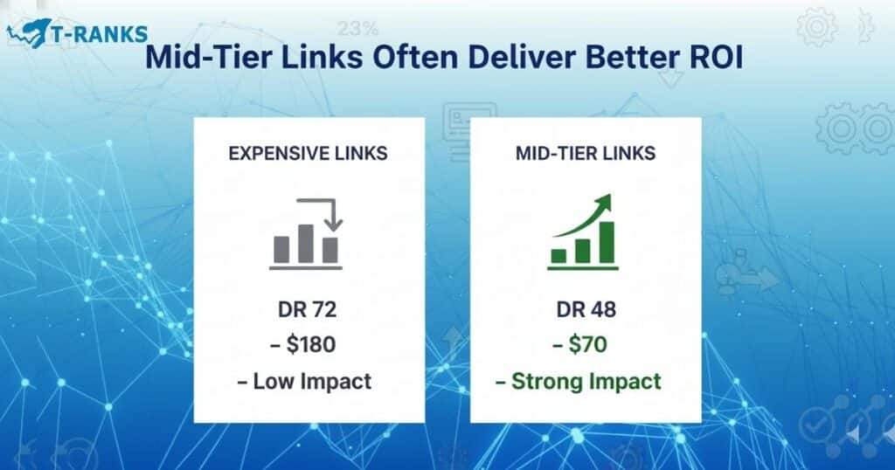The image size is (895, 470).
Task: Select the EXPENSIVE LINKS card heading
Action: tap(308, 154)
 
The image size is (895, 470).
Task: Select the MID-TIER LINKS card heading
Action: tap(586, 154)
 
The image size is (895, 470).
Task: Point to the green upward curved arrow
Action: tap(586, 218)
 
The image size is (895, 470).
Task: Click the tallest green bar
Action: tap(606, 242)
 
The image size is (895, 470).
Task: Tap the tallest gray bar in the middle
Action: tap(305, 244)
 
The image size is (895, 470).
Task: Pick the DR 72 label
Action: tap(309, 310)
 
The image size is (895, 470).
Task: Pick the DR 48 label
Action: tap(586, 310)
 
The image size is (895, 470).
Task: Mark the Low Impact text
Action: tap(308, 381)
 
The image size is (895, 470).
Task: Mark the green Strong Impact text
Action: tap(586, 381)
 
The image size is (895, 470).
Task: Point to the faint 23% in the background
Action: tap(360, 28)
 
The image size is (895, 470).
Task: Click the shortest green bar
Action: tap(559, 255)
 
